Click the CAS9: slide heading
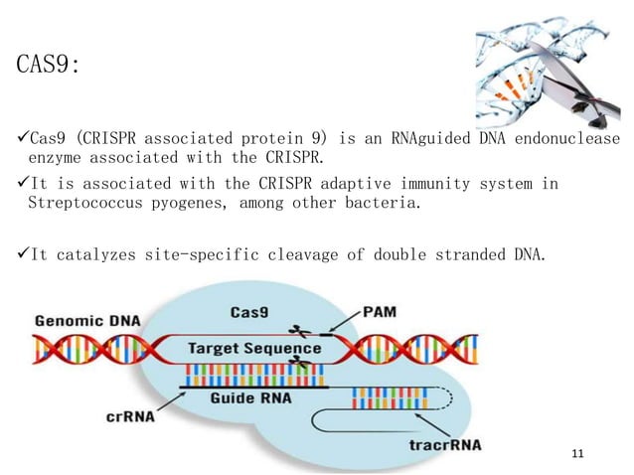pyautogui.click(x=49, y=67)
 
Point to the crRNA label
pyautogui.click(x=129, y=417)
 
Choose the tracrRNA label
pyautogui.click(x=445, y=444)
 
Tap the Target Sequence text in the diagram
pyautogui.click(x=256, y=349)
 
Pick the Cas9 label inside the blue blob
pyautogui.click(x=251, y=311)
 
